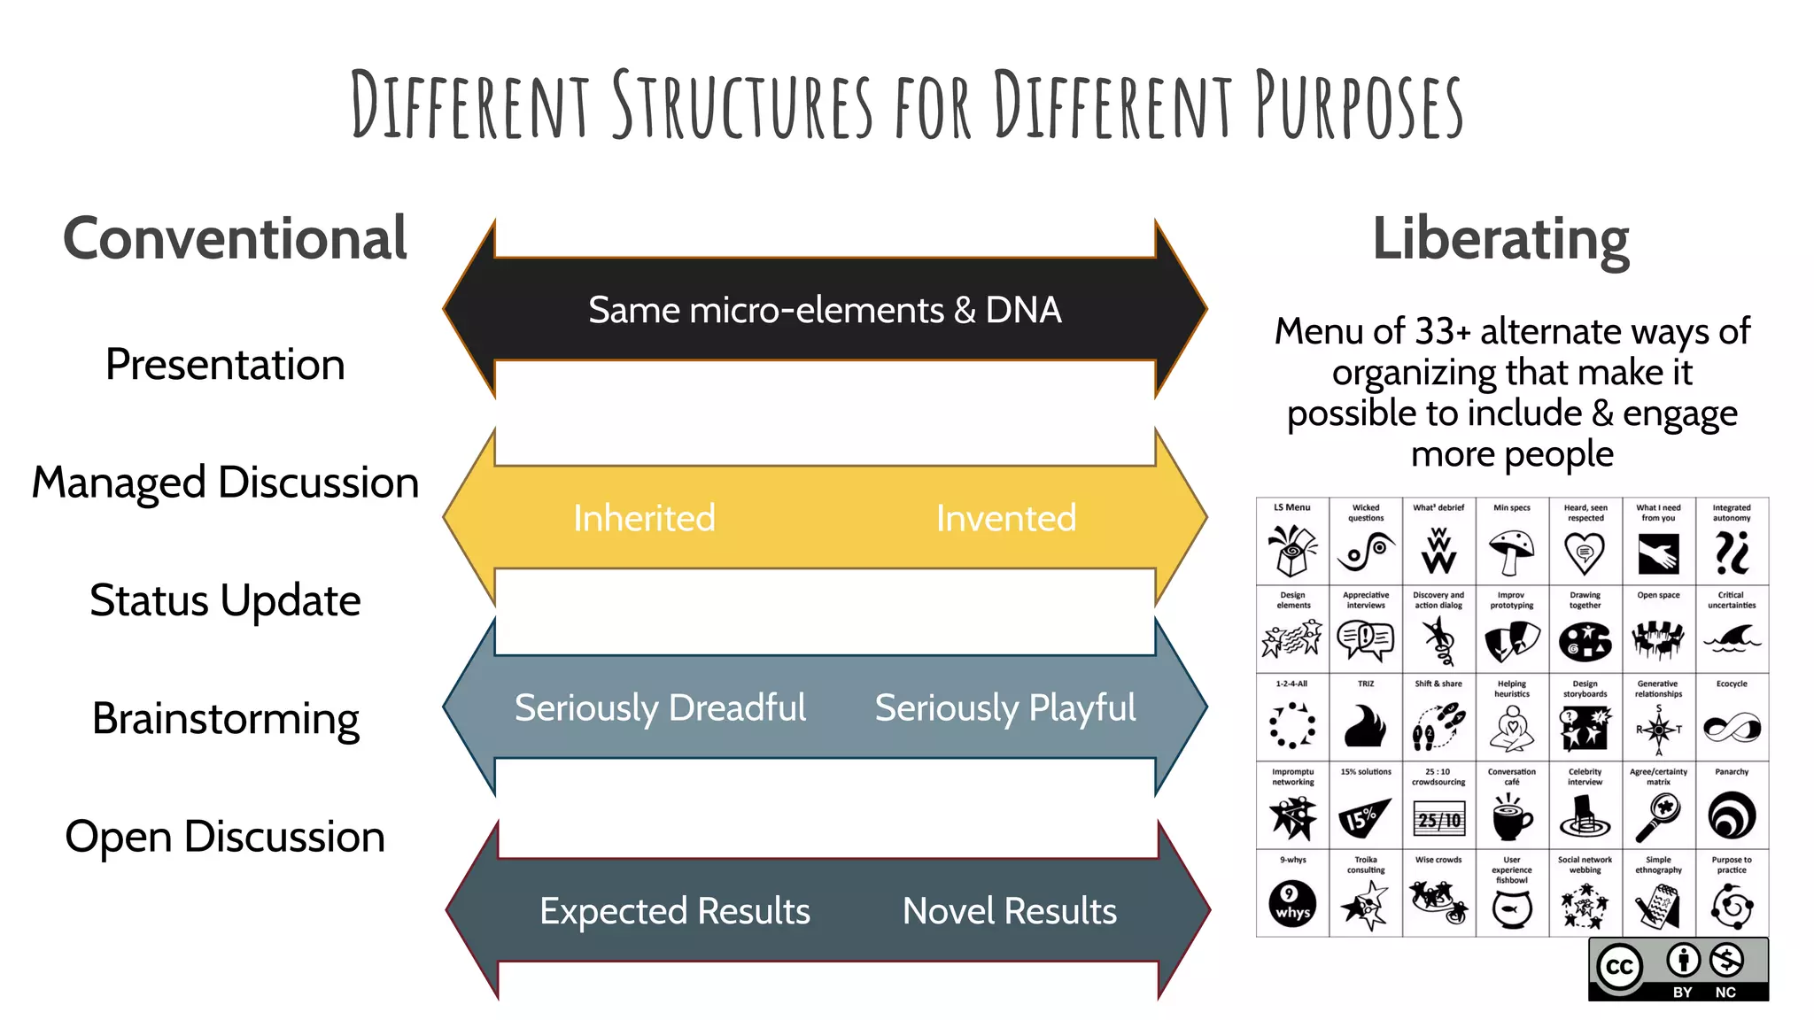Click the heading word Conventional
[235, 239]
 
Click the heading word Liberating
[1500, 239]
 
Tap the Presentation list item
[225, 365]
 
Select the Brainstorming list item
[225, 718]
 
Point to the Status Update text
[225, 600]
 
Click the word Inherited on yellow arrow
[644, 518]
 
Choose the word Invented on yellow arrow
[1006, 518]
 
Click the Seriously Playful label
[1004, 707]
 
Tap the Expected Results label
[675, 911]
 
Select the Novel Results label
[1010, 911]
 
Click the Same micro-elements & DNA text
[825, 310]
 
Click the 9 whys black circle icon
[1292, 904]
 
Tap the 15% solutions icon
[1364, 817]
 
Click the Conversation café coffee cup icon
[1511, 817]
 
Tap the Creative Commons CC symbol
[1620, 967]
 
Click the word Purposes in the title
[1359, 106]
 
